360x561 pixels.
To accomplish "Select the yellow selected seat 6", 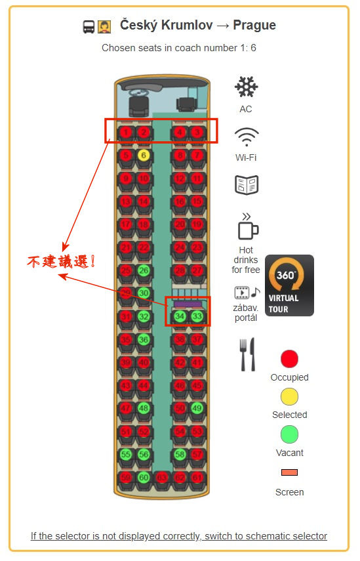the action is (144, 156).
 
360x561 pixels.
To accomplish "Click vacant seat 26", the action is (144, 270).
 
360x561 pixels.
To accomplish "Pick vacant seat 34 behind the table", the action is (180, 316).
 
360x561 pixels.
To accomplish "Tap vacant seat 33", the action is (197, 316).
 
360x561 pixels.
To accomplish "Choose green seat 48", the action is (144, 408).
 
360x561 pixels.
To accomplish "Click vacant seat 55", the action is (125, 455).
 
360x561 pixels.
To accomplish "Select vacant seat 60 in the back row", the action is (144, 477).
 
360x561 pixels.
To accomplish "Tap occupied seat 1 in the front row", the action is (125, 133).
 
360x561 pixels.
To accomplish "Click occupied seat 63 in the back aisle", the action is (161, 477).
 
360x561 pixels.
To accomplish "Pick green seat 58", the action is (180, 455).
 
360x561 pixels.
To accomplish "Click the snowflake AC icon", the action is (247, 87).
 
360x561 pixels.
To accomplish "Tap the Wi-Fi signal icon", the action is (247, 137).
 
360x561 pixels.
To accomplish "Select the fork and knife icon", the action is (247, 354).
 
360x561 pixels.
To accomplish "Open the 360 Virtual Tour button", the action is (289, 285).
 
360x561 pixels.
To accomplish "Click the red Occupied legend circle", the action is (289, 359).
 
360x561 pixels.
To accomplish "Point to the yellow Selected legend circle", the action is (289, 396).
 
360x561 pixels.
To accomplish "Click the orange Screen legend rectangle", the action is (289, 472).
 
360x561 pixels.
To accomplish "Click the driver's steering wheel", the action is (138, 93).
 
